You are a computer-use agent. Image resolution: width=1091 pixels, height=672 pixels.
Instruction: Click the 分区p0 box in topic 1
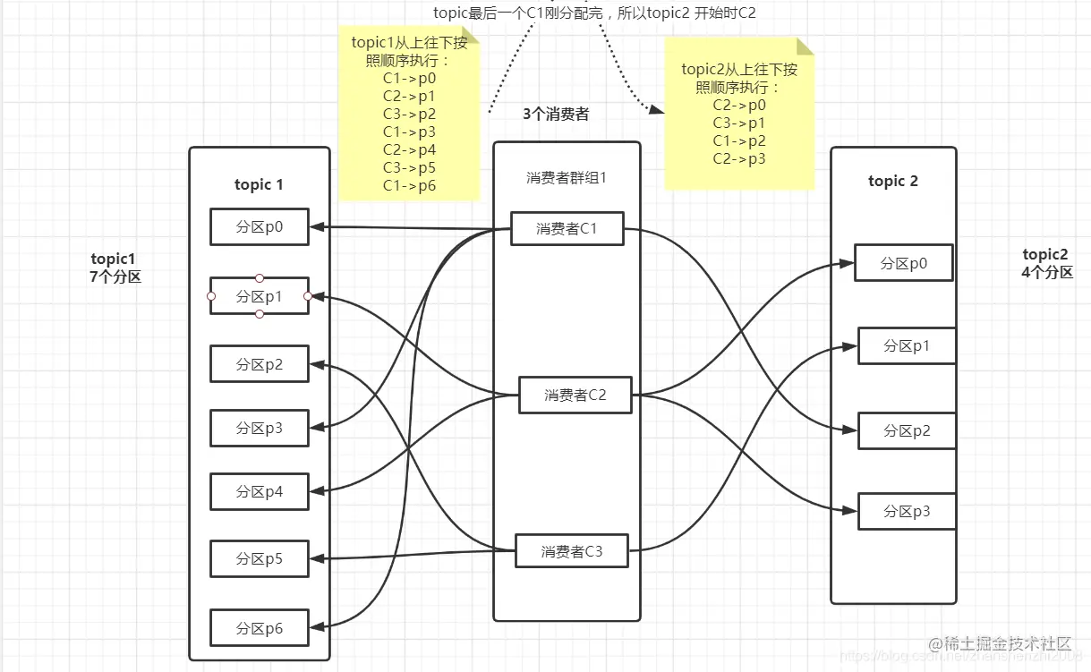[x=260, y=227]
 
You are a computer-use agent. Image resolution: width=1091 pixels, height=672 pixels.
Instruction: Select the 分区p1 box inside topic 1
[x=260, y=296]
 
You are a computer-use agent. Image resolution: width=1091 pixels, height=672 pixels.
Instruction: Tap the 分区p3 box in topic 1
[x=260, y=429]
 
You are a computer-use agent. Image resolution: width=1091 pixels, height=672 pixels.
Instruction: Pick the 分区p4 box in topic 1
[x=260, y=492]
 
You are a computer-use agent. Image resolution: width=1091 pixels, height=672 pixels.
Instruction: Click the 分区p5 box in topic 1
[x=260, y=559]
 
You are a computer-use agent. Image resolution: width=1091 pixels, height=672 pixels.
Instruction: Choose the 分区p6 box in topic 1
[x=260, y=628]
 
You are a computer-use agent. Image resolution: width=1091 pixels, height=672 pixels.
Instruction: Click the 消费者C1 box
[x=567, y=229]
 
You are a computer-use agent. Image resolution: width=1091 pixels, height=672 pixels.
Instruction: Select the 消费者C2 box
[x=575, y=395]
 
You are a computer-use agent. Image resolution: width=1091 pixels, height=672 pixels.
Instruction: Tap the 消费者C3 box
[x=572, y=551]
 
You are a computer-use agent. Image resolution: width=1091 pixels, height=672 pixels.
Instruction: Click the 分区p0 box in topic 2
[x=904, y=263]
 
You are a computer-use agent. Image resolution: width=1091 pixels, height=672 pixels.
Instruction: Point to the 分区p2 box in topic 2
[x=907, y=430]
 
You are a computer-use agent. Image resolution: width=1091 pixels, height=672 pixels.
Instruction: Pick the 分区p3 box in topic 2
[x=907, y=511]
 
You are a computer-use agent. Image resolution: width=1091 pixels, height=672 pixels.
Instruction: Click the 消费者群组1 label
[x=567, y=178]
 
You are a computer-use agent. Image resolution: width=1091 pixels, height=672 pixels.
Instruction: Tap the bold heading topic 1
[x=259, y=184]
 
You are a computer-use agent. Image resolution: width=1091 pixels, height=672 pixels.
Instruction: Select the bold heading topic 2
[x=893, y=181]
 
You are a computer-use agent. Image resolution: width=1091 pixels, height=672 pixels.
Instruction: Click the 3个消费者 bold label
[x=556, y=115]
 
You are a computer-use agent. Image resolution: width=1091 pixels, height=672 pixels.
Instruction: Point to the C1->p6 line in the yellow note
[x=409, y=186]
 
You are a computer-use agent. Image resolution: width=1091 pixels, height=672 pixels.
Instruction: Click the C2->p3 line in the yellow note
[x=739, y=159]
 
